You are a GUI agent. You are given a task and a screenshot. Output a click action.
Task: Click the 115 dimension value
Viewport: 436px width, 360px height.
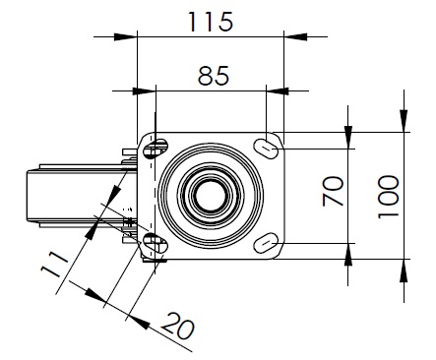pyautogui.click(x=211, y=22)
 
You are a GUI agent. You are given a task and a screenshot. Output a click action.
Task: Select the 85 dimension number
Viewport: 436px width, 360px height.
pyautogui.click(x=214, y=76)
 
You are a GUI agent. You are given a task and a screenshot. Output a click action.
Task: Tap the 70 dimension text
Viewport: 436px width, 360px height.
pyautogui.click(x=333, y=191)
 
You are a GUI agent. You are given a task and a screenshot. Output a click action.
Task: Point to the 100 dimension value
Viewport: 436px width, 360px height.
pyautogui.click(x=388, y=197)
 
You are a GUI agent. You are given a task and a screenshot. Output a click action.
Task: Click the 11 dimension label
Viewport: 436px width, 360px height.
pyautogui.click(x=54, y=265)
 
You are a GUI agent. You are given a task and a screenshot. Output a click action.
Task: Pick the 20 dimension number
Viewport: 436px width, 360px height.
pyautogui.click(x=177, y=326)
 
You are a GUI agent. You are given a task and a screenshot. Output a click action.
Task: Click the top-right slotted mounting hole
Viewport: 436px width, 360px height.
pyautogui.click(x=266, y=149)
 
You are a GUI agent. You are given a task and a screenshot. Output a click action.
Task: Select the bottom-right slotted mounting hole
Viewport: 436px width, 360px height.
pyautogui.click(x=266, y=242)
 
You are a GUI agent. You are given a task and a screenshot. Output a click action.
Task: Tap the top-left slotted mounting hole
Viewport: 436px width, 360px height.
pyautogui.click(x=156, y=149)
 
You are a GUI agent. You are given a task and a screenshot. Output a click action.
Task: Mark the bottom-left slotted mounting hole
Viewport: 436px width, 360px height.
pyautogui.click(x=156, y=243)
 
